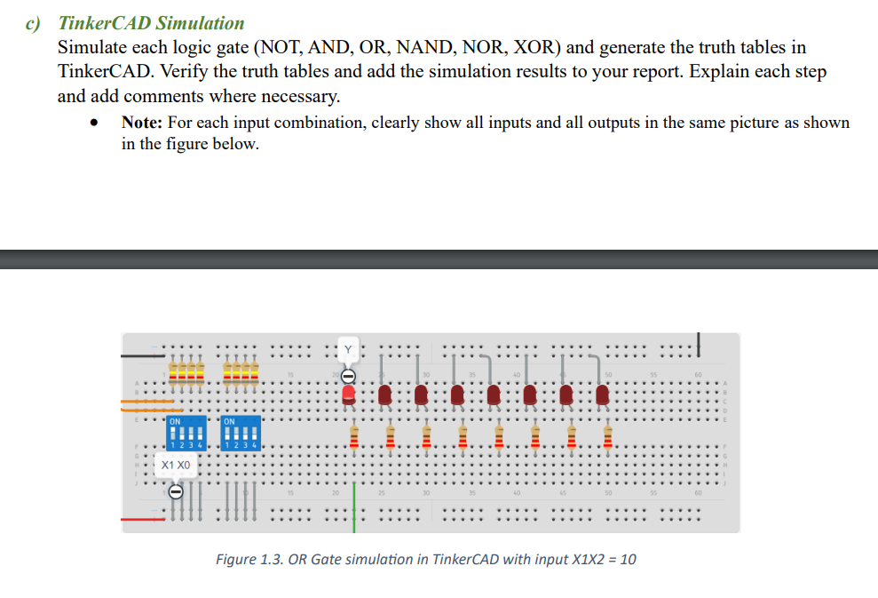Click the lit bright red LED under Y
(348, 395)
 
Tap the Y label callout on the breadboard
(348, 349)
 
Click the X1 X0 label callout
(176, 465)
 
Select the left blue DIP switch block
(186, 432)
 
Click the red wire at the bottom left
(142, 519)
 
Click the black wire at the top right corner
(700, 340)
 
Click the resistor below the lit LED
(352, 436)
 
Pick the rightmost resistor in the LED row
(607, 436)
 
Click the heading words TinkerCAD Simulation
(151, 23)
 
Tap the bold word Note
(140, 123)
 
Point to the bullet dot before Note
(93, 124)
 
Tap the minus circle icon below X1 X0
(176, 490)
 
